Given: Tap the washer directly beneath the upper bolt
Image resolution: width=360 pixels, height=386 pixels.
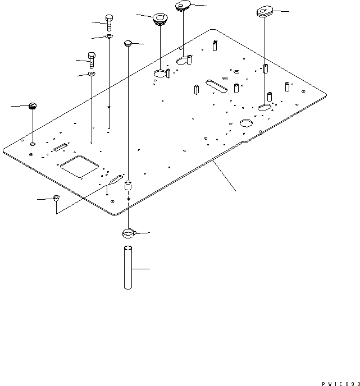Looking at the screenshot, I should point(108,37).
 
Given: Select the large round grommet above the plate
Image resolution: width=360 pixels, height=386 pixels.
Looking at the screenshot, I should point(160,20).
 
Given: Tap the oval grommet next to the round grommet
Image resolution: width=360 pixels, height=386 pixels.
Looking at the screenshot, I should point(183,6).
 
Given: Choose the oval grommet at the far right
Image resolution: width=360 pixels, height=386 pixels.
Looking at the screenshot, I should point(264,11).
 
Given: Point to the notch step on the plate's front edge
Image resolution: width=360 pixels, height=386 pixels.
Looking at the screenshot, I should point(243,143).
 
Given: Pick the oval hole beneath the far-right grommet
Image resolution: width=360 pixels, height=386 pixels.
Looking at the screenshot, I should point(265,106).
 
